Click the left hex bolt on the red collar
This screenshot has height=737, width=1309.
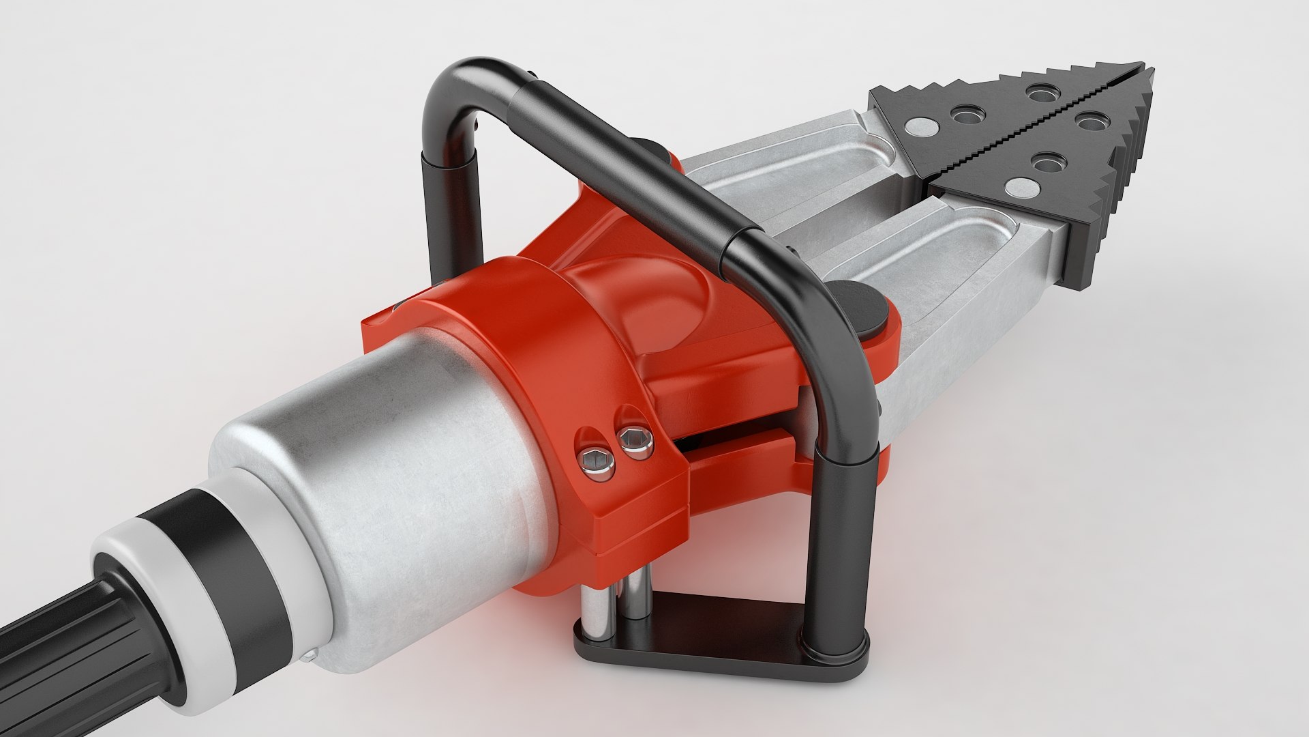click(x=598, y=463)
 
